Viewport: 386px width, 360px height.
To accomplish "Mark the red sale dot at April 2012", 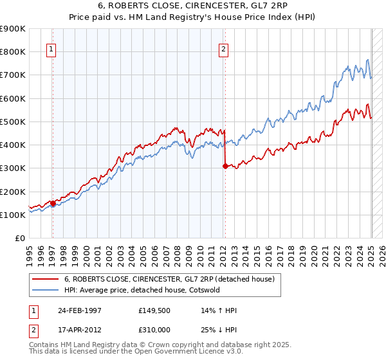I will [x=225, y=166].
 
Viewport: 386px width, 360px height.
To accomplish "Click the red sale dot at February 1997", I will [x=53, y=203].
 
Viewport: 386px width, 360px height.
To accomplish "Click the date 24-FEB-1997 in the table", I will [x=80, y=310].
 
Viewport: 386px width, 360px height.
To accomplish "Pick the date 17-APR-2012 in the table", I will [x=80, y=330].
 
